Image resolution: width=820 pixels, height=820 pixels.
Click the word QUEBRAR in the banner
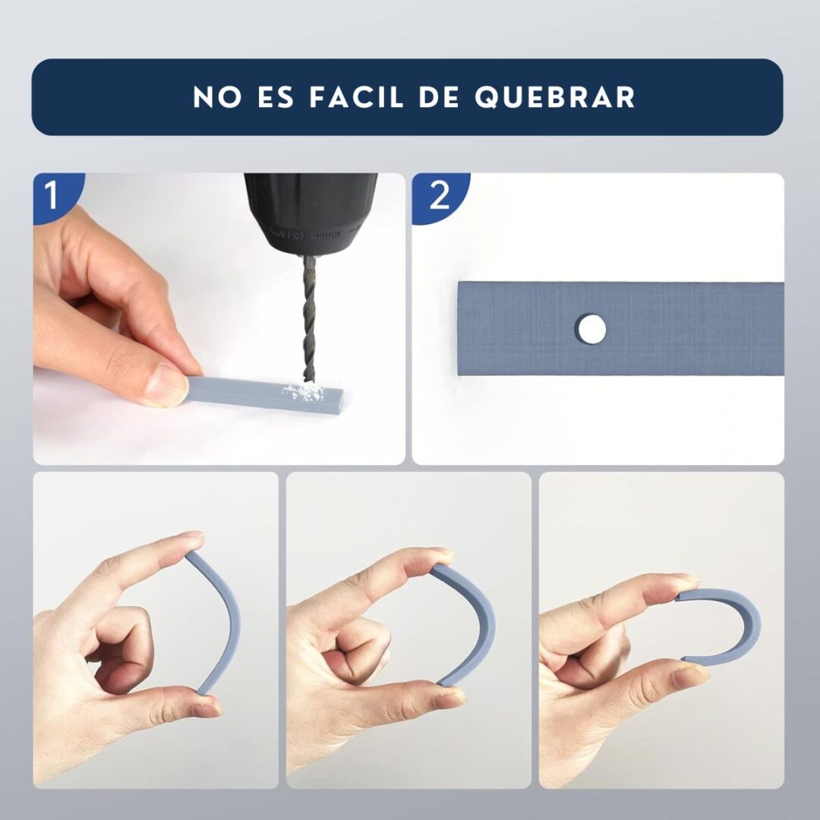point(555,97)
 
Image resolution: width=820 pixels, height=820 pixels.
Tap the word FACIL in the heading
point(357,97)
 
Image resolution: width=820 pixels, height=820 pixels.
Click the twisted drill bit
point(309,319)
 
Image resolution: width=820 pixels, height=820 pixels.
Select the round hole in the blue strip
point(591,330)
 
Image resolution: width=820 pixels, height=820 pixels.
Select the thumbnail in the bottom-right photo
point(690,677)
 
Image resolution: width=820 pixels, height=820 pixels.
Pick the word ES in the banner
point(276,97)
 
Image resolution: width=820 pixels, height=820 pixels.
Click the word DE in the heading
point(440,97)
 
